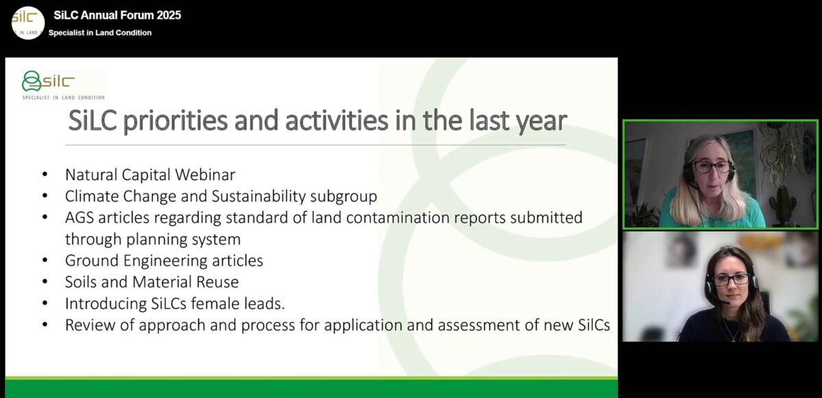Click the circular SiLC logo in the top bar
pyautogui.click(x=28, y=23)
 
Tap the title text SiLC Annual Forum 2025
pyautogui.click(x=117, y=15)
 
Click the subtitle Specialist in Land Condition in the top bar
pyautogui.click(x=100, y=33)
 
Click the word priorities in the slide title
pyautogui.click(x=175, y=121)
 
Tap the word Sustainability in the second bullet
pyautogui.click(x=259, y=196)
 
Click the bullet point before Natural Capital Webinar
pyautogui.click(x=45, y=174)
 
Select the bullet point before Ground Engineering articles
pyautogui.click(x=45, y=260)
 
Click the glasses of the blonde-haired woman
pyautogui.click(x=712, y=166)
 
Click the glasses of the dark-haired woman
pyautogui.click(x=731, y=279)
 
